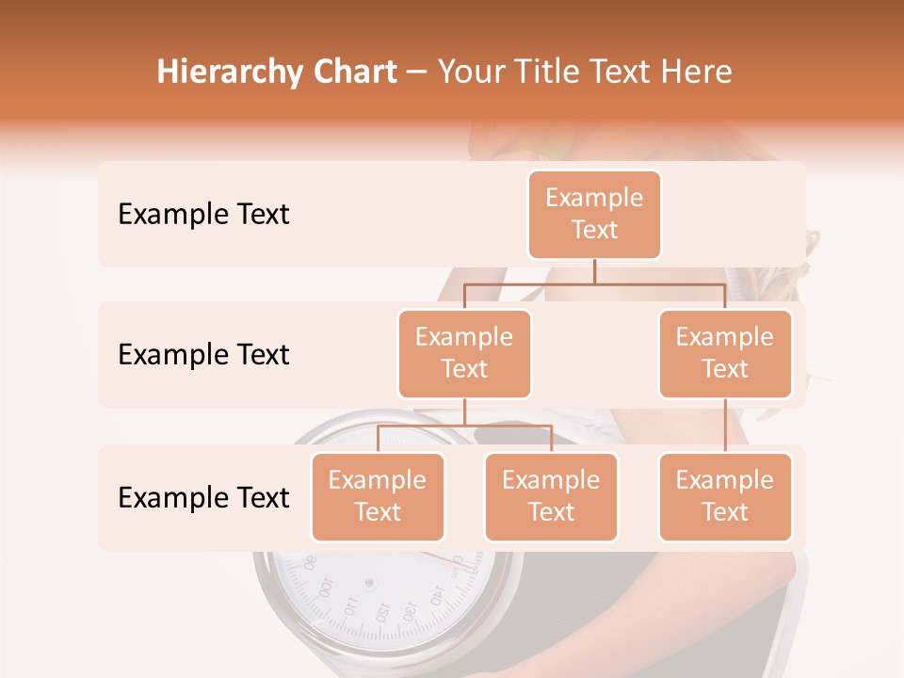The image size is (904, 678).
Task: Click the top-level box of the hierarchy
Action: coord(594,214)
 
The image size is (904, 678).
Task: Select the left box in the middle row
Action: coord(464,353)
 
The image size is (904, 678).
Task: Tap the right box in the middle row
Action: coord(725,353)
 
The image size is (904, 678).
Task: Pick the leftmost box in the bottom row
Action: coord(378,496)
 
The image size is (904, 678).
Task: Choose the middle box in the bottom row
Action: coord(551,496)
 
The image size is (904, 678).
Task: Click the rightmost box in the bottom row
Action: coord(725,496)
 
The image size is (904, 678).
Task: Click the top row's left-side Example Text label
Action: coord(203,214)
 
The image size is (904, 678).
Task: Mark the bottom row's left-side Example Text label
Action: coord(203,497)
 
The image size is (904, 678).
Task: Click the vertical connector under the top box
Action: coord(594,271)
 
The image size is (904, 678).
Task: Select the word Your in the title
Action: coord(468,73)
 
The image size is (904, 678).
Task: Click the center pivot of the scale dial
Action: coord(369,583)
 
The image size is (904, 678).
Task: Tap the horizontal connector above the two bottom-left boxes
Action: coord(464,426)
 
